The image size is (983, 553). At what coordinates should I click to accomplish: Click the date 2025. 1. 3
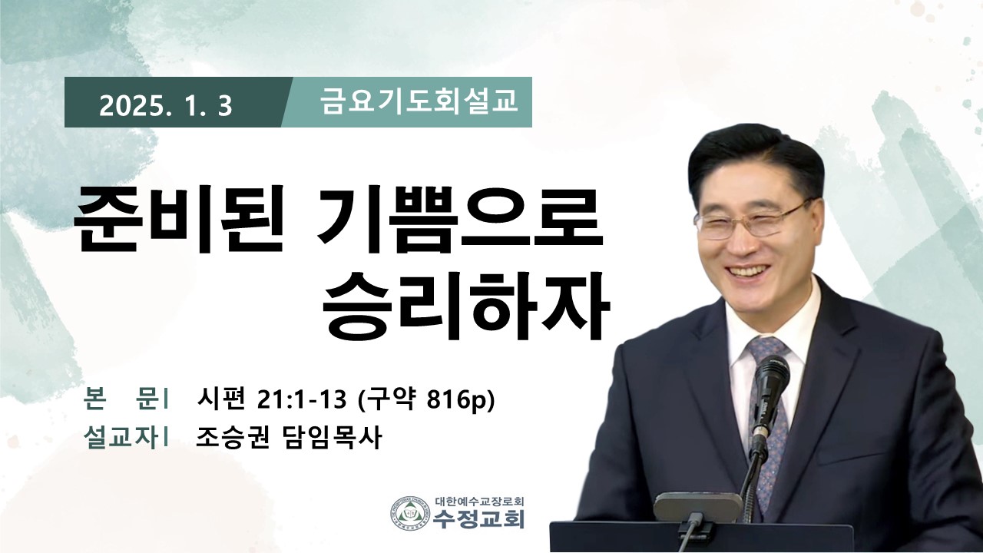[x=165, y=106]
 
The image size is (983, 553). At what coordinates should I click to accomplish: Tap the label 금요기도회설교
[x=419, y=101]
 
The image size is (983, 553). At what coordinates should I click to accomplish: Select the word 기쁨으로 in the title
[x=459, y=219]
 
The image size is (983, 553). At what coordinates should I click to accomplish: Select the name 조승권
[x=233, y=438]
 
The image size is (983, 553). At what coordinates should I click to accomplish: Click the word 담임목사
[x=330, y=438]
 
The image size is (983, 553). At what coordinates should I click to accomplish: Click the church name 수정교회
[x=478, y=519]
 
